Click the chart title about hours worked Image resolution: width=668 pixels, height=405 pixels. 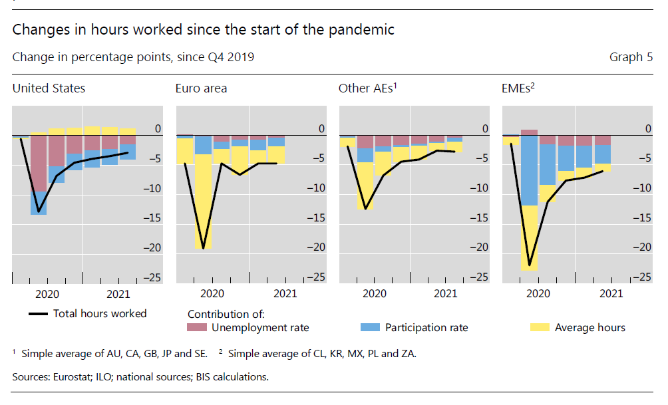203,30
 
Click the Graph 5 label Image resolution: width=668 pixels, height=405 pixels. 631,57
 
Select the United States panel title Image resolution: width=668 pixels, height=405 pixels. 49,88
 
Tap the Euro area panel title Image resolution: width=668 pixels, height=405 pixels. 201,88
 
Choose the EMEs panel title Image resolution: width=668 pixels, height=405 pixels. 518,88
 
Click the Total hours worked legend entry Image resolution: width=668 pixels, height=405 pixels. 99,313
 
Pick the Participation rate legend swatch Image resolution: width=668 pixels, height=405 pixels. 370,327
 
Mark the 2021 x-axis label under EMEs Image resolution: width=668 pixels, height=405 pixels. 611,293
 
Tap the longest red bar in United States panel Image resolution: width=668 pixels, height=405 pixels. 39,163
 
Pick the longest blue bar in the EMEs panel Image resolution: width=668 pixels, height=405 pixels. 529,170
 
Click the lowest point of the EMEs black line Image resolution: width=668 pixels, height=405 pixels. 529,265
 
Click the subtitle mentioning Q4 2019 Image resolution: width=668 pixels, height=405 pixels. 133,57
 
